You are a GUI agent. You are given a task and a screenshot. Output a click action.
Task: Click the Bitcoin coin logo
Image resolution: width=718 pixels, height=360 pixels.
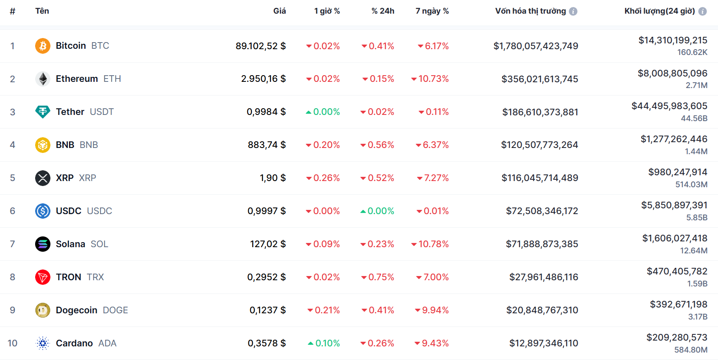click(x=43, y=46)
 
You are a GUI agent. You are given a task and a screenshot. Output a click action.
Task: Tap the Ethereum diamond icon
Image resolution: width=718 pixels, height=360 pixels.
click(x=43, y=79)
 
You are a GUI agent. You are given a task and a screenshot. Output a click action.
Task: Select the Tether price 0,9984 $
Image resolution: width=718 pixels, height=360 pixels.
click(x=266, y=112)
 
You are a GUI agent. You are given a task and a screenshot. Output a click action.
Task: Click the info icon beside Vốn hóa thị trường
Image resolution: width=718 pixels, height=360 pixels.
click(x=573, y=12)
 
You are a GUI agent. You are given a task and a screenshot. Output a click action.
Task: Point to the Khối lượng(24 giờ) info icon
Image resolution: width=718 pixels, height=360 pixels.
click(x=702, y=12)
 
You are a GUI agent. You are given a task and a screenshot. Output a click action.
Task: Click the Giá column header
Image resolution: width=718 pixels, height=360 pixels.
click(x=279, y=11)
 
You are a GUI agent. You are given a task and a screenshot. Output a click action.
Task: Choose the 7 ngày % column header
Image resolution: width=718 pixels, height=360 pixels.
click(x=432, y=11)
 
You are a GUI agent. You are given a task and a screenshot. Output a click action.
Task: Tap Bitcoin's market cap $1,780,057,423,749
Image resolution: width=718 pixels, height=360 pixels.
click(x=535, y=46)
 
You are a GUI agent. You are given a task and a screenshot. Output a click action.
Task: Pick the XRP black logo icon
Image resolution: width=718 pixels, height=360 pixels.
click(x=43, y=178)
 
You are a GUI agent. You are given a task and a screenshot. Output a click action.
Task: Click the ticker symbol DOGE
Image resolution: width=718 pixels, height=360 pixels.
click(x=115, y=310)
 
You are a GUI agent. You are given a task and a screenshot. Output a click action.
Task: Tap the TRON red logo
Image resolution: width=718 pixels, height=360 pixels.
click(x=43, y=277)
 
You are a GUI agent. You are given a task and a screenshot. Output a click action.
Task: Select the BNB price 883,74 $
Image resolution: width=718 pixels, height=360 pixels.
click(x=267, y=145)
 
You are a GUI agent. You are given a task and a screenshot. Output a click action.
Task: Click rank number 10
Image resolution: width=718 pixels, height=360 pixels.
click(x=12, y=343)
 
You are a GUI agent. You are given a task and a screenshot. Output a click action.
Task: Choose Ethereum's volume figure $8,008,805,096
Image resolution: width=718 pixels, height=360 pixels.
click(x=672, y=73)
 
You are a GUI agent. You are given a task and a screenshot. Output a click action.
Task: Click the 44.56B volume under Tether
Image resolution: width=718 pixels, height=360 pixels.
click(x=694, y=118)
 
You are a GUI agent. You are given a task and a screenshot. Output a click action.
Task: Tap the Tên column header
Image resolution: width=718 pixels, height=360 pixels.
click(x=42, y=11)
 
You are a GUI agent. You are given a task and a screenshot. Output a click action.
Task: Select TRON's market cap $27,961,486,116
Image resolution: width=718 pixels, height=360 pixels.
click(x=544, y=277)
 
